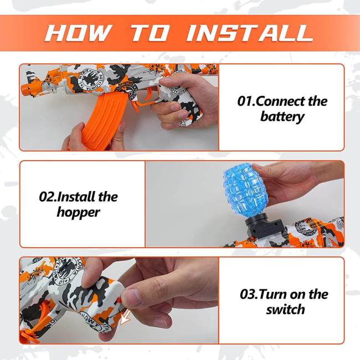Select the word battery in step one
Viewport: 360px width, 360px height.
click(282, 117)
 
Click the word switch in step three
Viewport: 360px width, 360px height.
click(285, 309)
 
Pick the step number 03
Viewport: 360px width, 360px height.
click(250, 294)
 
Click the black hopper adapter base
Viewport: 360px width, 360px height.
click(265, 227)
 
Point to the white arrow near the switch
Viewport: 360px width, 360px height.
click(127, 316)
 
